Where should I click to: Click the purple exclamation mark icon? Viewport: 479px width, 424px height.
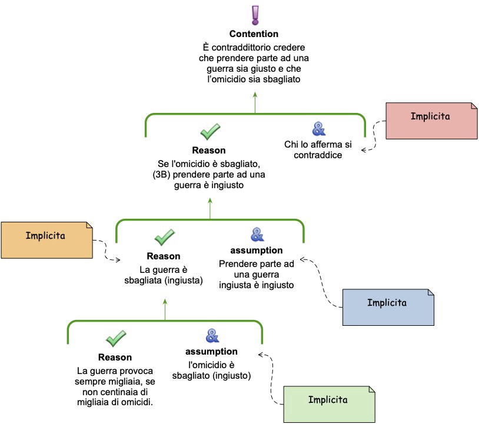[254, 14]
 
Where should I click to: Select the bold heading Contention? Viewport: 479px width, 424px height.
[254, 34]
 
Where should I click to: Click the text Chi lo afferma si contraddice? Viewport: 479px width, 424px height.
[318, 150]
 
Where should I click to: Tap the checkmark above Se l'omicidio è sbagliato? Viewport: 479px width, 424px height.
[209, 131]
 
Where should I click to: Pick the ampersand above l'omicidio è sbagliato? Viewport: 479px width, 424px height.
[212, 336]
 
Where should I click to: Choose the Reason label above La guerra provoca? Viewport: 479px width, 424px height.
[115, 357]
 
